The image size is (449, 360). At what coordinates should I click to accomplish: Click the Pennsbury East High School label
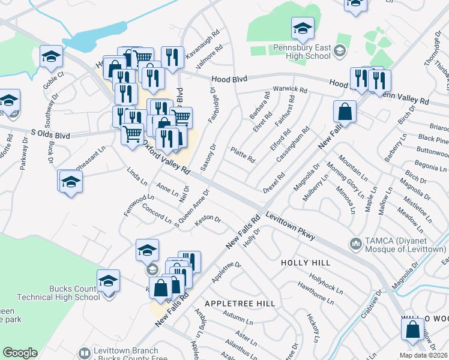[x=301, y=52]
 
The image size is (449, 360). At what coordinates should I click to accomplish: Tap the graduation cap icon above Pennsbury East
[x=303, y=28]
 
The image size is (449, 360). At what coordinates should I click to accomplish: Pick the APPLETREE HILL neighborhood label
[x=239, y=304]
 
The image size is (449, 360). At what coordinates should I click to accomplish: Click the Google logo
[x=20, y=353]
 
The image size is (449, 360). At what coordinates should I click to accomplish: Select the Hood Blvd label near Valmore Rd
[x=230, y=79]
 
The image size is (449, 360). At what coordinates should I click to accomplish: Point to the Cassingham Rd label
[x=293, y=144]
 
